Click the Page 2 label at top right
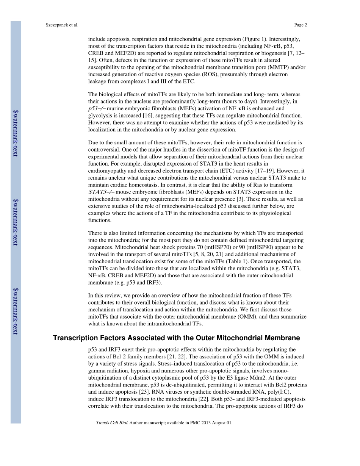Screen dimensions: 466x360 pyautogui.click(x=301, y=25)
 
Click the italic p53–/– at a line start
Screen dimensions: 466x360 pyautogui.click(x=97, y=108)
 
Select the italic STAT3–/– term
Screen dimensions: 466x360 pyautogui.click(x=102, y=192)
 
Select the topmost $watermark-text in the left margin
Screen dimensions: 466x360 pyautogui.click(x=16, y=133)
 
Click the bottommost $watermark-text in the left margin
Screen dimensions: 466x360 pyautogui.click(x=16, y=311)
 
